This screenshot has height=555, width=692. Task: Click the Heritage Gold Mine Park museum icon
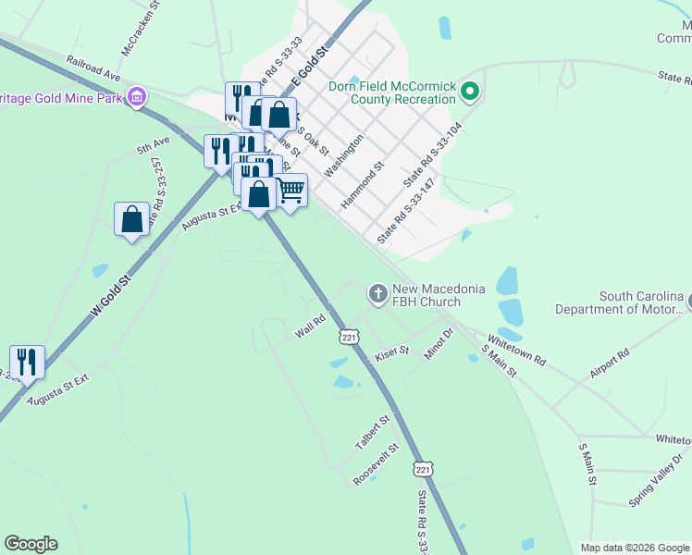[137, 96]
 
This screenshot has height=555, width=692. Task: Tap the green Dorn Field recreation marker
[470, 91]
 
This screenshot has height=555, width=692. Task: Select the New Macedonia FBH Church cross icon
[377, 294]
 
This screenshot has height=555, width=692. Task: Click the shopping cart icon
[290, 191]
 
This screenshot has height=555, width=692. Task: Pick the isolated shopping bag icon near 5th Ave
[131, 219]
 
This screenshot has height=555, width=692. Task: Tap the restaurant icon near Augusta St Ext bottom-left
[27, 362]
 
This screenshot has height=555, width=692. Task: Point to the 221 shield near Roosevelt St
[423, 470]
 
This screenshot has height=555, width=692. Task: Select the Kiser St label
[391, 355]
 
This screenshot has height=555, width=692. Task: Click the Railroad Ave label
[93, 66]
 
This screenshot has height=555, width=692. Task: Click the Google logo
[31, 544]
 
